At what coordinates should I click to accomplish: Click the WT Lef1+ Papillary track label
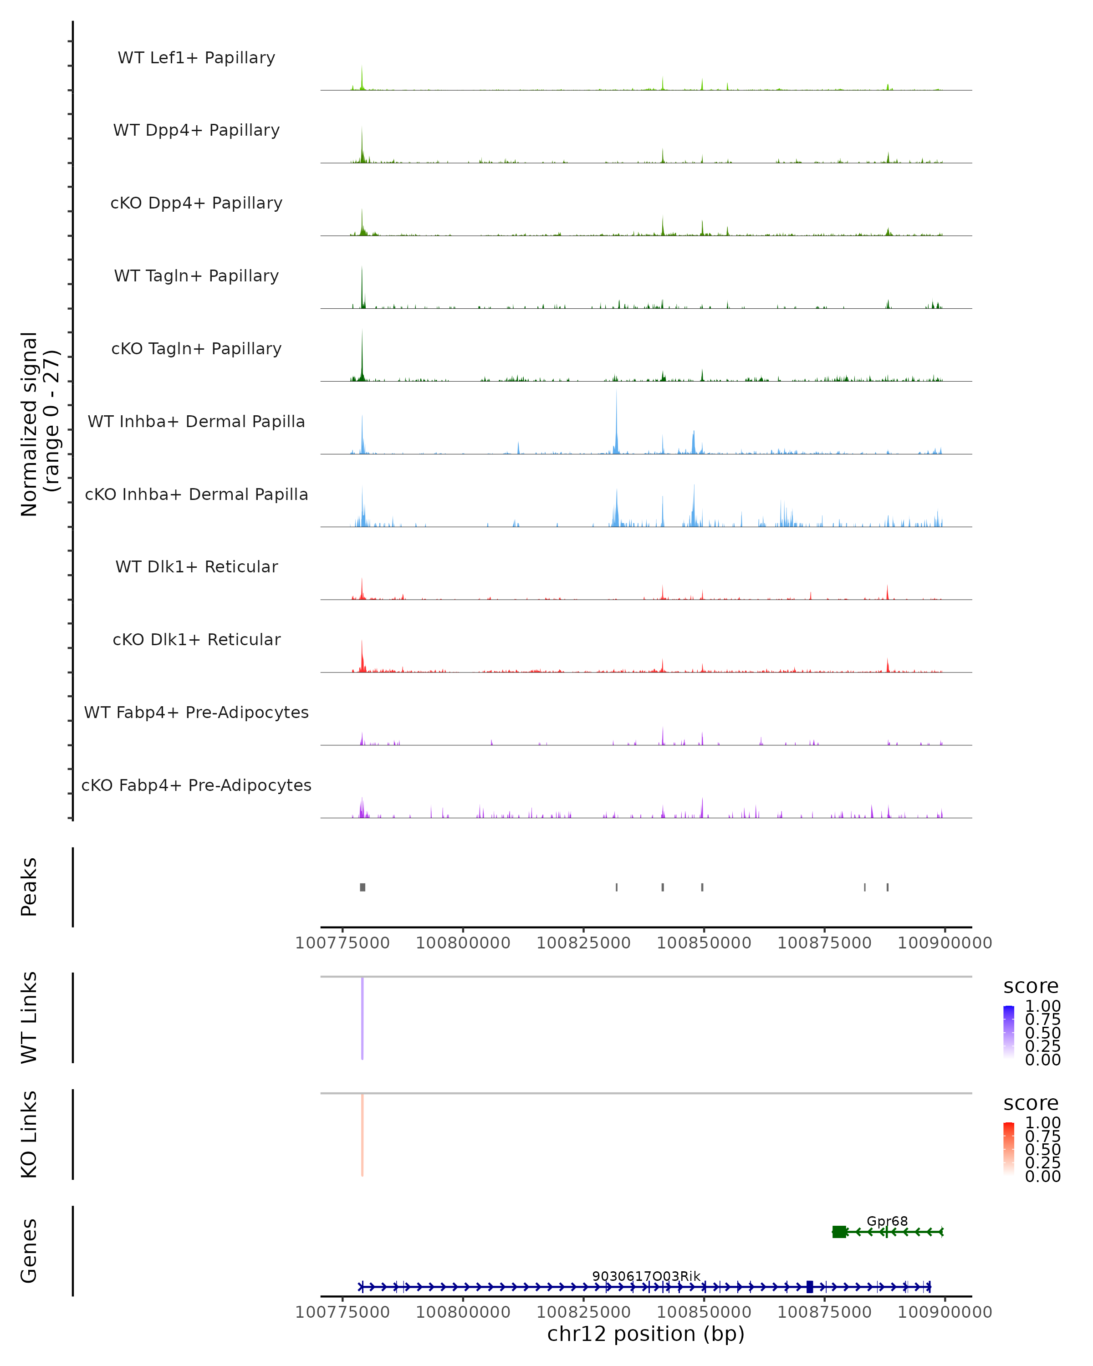[x=196, y=58]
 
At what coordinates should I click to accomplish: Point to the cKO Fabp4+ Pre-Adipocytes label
[x=196, y=785]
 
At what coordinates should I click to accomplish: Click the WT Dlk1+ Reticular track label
[x=196, y=566]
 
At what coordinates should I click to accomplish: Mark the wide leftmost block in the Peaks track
[x=363, y=887]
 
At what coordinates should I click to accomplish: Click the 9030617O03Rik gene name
[x=646, y=1276]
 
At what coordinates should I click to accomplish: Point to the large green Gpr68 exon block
[x=839, y=1232]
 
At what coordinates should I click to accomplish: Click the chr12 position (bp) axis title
[x=646, y=1334]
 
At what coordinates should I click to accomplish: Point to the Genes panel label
[x=29, y=1251]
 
